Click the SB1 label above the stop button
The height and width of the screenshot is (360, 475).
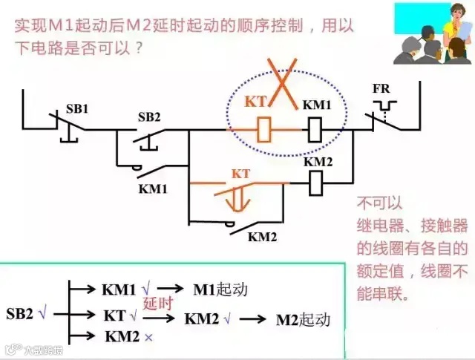[x=76, y=108]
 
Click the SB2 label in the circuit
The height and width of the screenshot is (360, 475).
[x=149, y=117]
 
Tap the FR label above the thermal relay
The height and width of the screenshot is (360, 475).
[x=381, y=88]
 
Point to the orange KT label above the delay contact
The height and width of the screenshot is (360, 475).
[x=241, y=173]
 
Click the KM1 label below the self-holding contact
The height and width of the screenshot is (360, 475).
[x=154, y=189]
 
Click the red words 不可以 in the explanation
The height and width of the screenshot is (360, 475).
[x=378, y=202]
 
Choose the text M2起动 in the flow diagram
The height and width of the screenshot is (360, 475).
[x=303, y=320]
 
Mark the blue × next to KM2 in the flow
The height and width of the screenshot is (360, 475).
[x=148, y=337]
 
